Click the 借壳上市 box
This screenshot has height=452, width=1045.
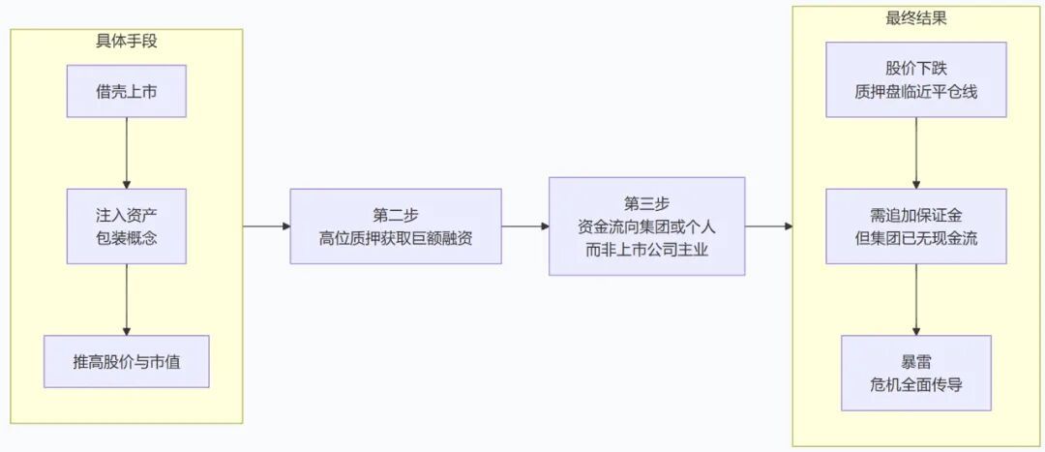click(126, 91)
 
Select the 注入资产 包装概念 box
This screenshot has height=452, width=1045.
click(126, 226)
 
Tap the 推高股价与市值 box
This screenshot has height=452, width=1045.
click(126, 361)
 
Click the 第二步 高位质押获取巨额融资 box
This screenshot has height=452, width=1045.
click(395, 226)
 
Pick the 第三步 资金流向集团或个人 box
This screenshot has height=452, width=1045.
click(646, 226)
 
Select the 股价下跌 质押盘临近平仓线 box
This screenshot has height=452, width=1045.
click(915, 80)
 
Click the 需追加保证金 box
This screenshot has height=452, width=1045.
click(915, 226)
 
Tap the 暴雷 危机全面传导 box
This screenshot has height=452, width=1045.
click(915, 373)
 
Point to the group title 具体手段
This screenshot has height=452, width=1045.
click(127, 41)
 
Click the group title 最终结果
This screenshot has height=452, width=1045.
click(915, 18)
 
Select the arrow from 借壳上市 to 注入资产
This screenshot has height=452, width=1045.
click(126, 153)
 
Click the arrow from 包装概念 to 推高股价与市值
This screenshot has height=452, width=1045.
click(126, 299)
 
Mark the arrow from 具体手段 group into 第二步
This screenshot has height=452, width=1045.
click(267, 226)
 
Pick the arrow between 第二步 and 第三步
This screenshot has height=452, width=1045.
click(525, 226)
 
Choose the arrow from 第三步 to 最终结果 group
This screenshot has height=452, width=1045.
click(768, 226)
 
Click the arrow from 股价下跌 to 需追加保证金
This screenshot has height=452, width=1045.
click(915, 153)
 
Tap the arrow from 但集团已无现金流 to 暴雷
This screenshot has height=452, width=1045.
click(915, 299)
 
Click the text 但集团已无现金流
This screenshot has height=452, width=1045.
click(915, 238)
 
